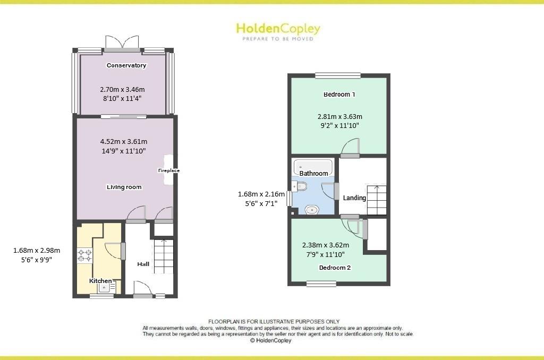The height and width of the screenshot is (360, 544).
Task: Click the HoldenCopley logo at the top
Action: tap(278, 31)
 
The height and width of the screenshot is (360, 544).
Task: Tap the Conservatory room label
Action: tap(126, 65)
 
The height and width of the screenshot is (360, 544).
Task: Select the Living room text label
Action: tap(124, 187)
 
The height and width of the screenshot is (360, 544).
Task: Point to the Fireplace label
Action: tap(169, 170)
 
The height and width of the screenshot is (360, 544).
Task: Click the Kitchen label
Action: tap(100, 280)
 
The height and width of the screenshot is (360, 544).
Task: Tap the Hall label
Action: tap(143, 264)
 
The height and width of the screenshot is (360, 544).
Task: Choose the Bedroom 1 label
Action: tap(339, 95)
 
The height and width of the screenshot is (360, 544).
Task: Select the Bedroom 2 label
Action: tap(335, 268)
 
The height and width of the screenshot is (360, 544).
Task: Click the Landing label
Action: tap(354, 198)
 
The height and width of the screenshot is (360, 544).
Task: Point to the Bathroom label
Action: tap(313, 173)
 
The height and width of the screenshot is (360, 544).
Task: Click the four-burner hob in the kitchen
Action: tap(85, 255)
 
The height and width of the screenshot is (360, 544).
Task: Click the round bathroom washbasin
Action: tap(312, 210)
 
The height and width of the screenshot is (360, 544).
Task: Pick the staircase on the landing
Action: tap(377, 200)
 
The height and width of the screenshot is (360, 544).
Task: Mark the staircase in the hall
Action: tap(164, 256)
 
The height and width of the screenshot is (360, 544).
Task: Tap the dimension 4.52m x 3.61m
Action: tap(123, 141)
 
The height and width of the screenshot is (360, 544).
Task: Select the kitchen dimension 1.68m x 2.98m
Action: tap(37, 250)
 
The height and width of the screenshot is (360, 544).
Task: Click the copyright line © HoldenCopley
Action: tap(270, 340)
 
